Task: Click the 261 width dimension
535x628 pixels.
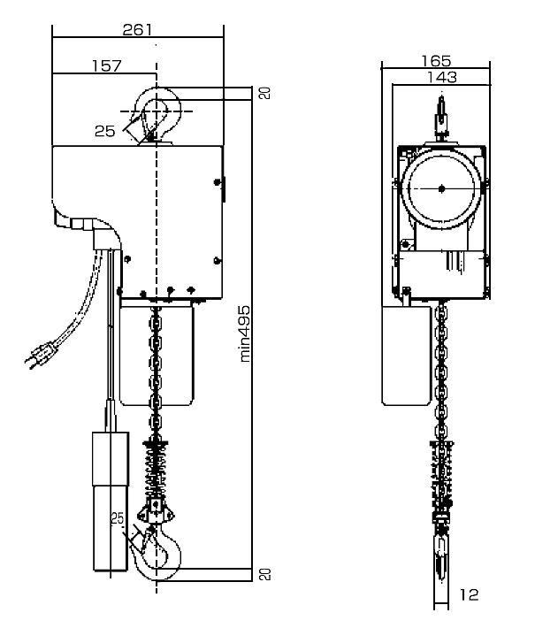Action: click(x=137, y=30)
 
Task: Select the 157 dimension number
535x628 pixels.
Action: click(x=106, y=65)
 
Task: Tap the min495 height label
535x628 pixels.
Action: click(x=245, y=334)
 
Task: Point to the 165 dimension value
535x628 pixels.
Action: click(x=436, y=61)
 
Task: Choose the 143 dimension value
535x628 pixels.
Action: click(x=442, y=77)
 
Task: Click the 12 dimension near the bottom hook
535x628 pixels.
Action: click(x=469, y=594)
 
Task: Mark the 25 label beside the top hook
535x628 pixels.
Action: click(x=105, y=131)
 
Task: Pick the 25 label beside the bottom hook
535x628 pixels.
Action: click(x=118, y=518)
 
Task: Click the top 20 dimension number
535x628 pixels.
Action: click(x=265, y=93)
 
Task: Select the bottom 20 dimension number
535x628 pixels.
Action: click(x=265, y=574)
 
